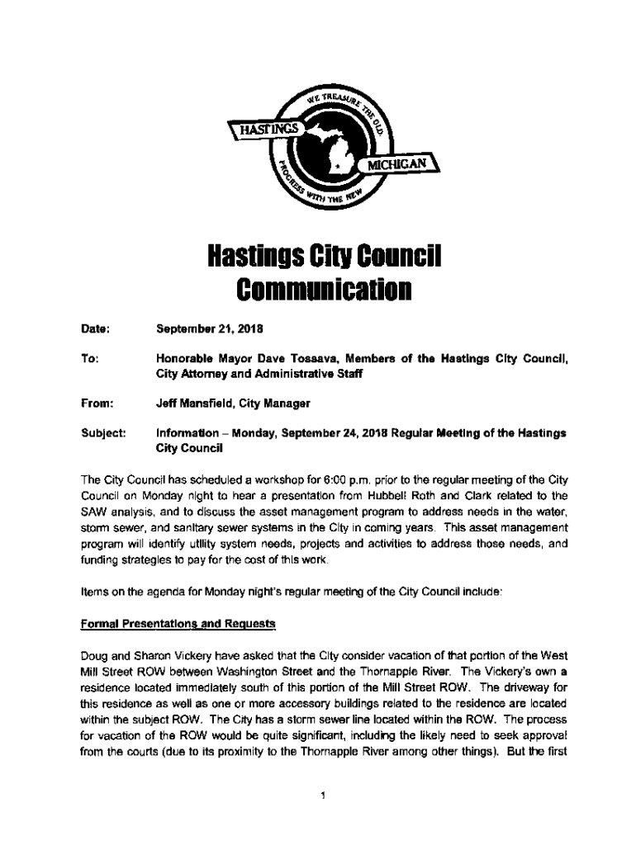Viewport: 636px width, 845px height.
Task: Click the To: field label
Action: tap(91, 359)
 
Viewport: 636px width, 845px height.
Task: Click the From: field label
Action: tap(96, 404)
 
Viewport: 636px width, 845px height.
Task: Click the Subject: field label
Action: tap(102, 433)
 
